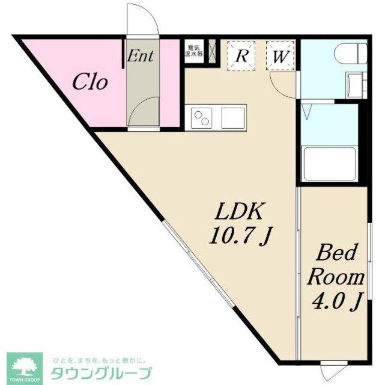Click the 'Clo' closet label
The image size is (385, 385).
click(x=90, y=82)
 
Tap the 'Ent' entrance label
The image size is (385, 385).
click(x=141, y=57)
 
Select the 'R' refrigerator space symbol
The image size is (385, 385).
click(x=242, y=55)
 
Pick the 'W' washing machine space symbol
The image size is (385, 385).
click(x=280, y=56)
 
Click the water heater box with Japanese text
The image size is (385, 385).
click(x=194, y=50)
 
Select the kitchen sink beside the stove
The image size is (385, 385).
click(x=233, y=117)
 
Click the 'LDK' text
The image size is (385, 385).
click(x=240, y=212)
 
